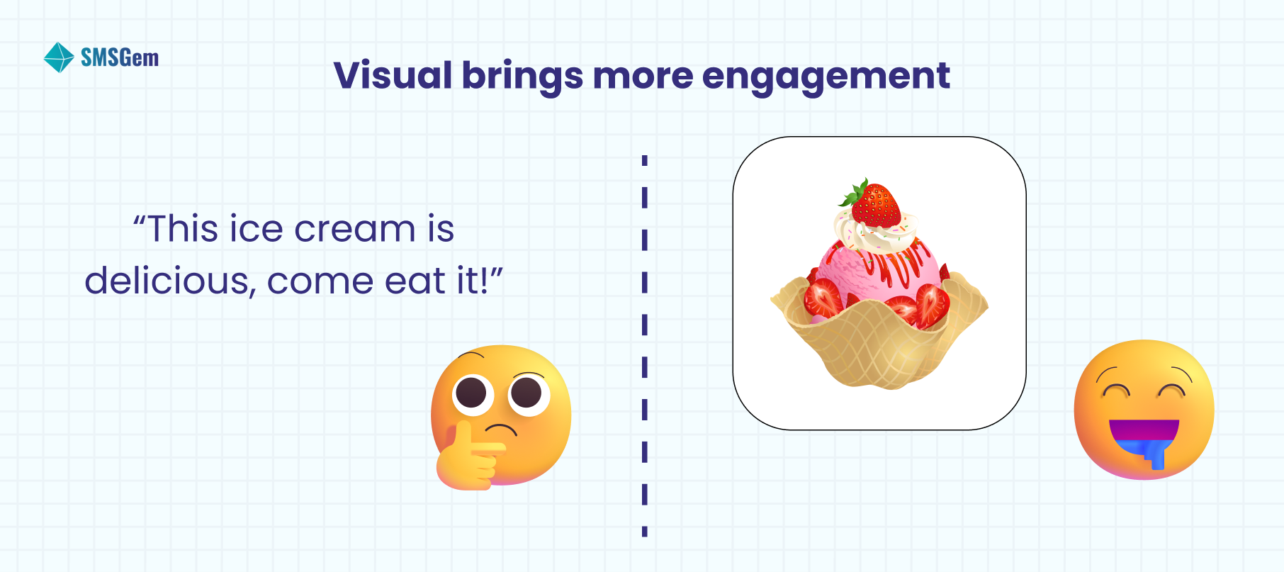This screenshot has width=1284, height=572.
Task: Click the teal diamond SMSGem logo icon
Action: click(58, 57)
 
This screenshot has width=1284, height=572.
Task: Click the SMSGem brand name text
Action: click(120, 57)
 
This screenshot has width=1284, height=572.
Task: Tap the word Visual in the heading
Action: click(393, 75)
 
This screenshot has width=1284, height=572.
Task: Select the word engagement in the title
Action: click(826, 77)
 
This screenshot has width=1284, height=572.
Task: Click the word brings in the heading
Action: click(522, 77)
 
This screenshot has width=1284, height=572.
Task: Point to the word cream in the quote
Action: click(354, 229)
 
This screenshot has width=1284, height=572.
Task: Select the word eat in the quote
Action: click(415, 281)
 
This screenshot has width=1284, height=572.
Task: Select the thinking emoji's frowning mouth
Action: click(500, 430)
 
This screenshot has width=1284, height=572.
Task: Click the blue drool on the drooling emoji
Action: click(1155, 454)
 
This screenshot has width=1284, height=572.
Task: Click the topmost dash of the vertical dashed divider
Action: click(644, 160)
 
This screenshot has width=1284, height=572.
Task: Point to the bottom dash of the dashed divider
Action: click(644, 531)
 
